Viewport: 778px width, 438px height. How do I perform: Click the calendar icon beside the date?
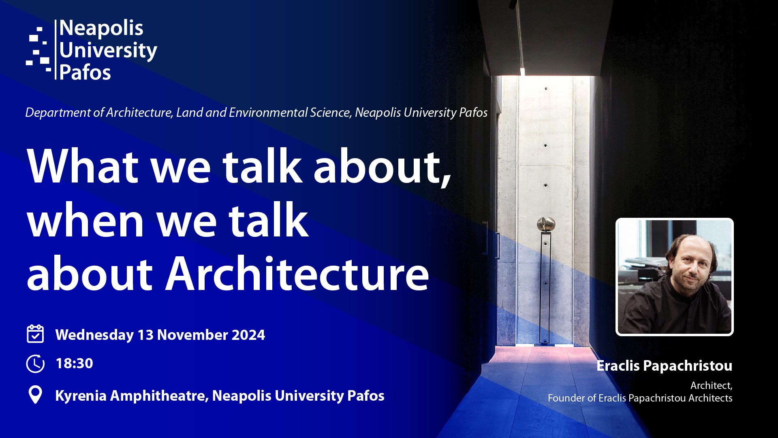(35, 334)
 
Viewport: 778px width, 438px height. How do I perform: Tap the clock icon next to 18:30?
(35, 363)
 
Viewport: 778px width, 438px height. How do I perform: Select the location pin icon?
(35, 395)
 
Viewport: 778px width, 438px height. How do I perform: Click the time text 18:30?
(74, 363)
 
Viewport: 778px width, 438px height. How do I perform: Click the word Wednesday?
(94, 335)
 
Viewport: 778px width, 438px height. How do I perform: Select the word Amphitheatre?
(159, 396)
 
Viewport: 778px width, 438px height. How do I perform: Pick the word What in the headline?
(83, 166)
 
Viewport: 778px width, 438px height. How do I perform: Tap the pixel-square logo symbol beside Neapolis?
(39, 49)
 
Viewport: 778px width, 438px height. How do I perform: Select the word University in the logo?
(108, 51)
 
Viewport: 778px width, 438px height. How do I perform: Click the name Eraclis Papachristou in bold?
(665, 365)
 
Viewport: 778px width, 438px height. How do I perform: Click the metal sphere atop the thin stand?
(546, 224)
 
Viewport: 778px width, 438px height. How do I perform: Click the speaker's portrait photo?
(675, 277)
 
